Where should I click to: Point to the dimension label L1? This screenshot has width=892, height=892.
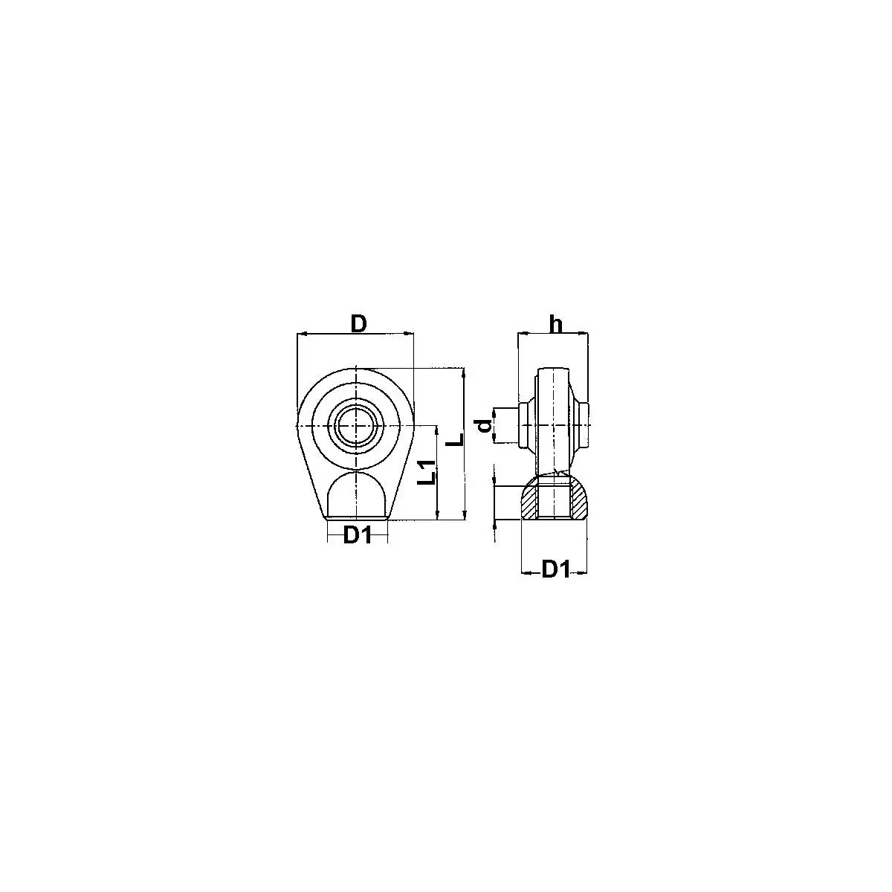427,473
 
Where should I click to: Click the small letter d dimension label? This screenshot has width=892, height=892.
484,426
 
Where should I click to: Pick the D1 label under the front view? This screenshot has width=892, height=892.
358,535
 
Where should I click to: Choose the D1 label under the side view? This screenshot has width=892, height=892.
555,569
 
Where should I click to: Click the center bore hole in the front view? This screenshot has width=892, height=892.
356,424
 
